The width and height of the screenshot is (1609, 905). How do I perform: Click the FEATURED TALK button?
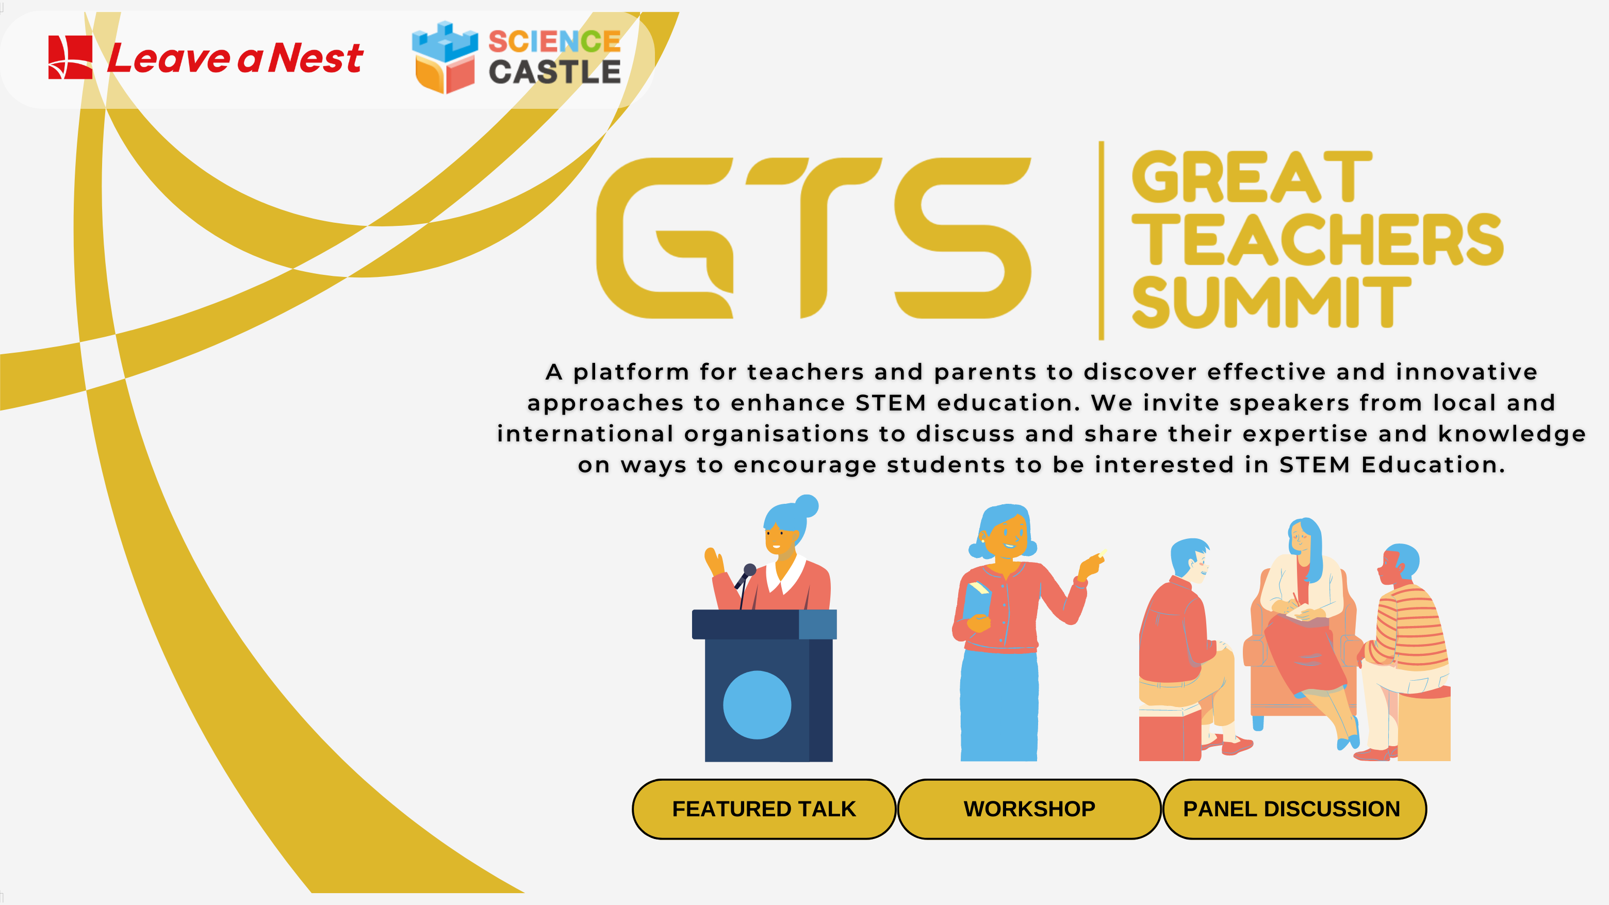point(764,809)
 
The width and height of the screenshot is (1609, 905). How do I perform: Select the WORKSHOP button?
point(1029,809)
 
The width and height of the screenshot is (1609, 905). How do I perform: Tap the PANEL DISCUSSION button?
point(1294,809)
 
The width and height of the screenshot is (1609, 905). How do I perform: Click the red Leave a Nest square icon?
point(71,57)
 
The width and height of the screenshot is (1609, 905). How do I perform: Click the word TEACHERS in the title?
point(1317,239)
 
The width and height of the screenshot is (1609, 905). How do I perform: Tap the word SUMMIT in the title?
point(1271,302)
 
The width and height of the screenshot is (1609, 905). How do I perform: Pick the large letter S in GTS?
point(962,238)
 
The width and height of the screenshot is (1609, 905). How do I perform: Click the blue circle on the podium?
point(757,705)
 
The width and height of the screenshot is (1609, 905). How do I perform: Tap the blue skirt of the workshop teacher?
point(999,706)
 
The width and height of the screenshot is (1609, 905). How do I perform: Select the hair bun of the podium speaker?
point(807,506)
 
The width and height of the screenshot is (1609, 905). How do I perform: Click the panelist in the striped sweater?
point(1405,650)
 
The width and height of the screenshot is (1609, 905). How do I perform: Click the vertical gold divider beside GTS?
point(1101,240)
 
